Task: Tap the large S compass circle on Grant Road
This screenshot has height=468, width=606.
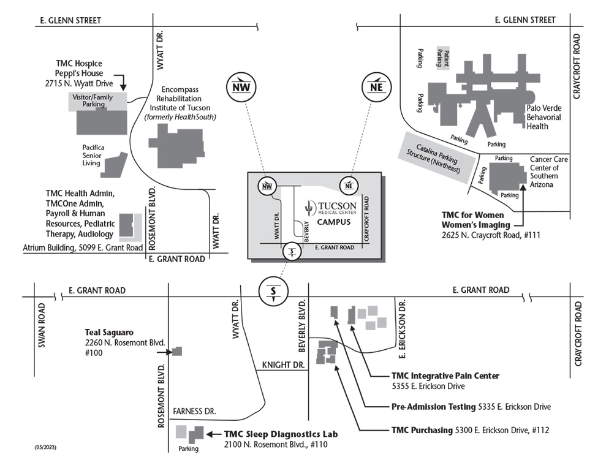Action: tap(273, 291)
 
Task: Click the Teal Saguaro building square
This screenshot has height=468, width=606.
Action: tap(176, 351)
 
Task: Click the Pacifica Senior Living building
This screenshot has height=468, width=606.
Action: tap(114, 164)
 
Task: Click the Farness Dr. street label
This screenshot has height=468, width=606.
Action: tap(195, 411)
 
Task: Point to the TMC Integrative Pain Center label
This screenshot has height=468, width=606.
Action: tap(445, 376)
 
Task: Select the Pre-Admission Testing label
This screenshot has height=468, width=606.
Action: tap(433, 406)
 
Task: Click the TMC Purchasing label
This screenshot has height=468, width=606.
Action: tap(421, 430)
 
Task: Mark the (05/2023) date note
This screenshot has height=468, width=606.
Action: tap(45, 448)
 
